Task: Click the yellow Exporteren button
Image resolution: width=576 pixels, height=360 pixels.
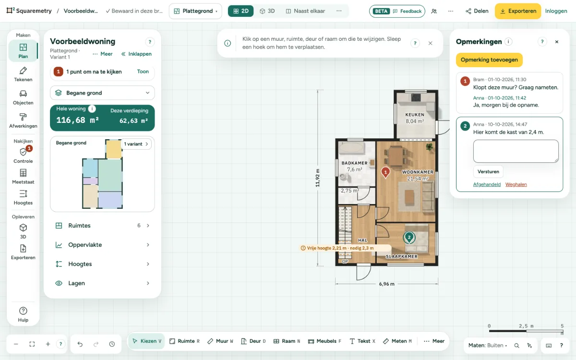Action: [x=518, y=11]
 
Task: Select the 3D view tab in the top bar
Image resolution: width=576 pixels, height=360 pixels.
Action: [x=267, y=11]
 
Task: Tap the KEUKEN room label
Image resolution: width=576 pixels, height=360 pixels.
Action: [x=415, y=115]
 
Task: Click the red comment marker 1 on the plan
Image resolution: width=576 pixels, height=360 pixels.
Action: [x=385, y=172]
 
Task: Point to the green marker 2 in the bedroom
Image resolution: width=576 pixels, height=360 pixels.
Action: [x=409, y=238]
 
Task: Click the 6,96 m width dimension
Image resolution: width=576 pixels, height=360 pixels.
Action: [x=386, y=284]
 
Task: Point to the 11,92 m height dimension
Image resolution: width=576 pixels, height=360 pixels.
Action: [x=318, y=178]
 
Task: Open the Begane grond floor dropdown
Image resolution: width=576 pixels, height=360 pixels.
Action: [x=102, y=93]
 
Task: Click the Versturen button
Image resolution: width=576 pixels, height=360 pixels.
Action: [x=488, y=171]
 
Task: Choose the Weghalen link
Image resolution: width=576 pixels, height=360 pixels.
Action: [x=516, y=184]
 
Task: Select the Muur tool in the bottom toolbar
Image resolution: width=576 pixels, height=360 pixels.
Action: [x=221, y=341]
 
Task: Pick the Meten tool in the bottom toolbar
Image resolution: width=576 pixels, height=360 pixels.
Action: [x=397, y=341]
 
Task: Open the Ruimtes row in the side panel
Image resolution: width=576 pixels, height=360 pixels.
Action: [x=102, y=226]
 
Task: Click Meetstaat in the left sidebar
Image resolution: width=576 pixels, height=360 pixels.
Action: [x=23, y=177]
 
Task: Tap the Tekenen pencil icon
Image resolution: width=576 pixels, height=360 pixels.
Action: [x=23, y=71]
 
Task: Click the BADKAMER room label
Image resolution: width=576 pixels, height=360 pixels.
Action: [x=354, y=163]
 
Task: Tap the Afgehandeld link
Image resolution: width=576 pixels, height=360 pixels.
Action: [x=487, y=184]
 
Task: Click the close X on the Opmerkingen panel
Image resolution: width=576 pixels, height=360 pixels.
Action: [x=557, y=42]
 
